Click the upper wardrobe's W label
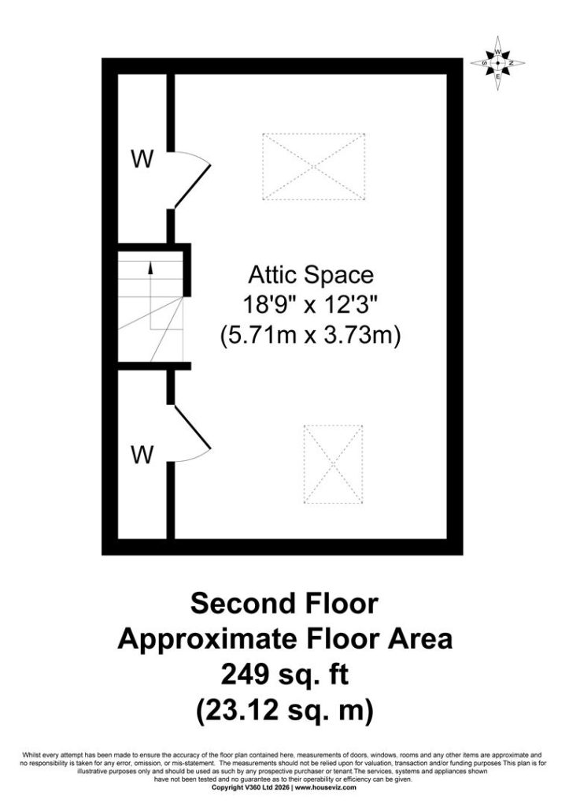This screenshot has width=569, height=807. pos(142,159)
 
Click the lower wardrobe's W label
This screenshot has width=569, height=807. pos(142,455)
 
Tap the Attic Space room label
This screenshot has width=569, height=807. pos(310,275)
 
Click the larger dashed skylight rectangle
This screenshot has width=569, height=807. pos(313,166)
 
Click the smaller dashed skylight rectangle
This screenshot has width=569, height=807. pos(333,463)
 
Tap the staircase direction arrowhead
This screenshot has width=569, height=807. pos(150,266)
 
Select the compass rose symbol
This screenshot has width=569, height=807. pos(497,63)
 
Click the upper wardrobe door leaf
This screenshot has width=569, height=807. pos(193,186)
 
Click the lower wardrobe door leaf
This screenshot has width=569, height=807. pos(193,426)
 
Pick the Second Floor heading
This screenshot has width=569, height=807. pos(284,603)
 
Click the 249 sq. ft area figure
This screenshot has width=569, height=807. pos(284,675)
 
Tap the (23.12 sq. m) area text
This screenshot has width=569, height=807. pos(284,711)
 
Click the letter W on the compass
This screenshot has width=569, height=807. pos(497,51)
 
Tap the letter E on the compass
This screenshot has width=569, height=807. pos(497,76)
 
